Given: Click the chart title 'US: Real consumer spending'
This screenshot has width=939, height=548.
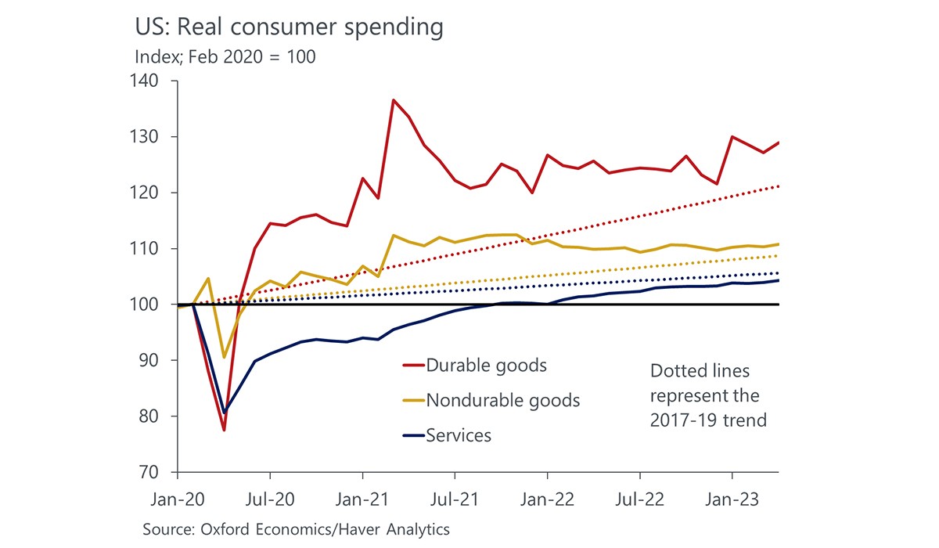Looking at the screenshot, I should (290, 28).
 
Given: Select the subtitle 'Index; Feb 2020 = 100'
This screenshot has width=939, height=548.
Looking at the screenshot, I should (225, 57).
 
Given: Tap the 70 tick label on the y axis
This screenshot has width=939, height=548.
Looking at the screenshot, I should (149, 473).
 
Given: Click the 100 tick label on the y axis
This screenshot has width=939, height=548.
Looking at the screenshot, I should (145, 305).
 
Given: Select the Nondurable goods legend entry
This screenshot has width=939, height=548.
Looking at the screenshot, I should (502, 400).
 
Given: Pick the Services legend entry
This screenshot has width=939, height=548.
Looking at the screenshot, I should (458, 435).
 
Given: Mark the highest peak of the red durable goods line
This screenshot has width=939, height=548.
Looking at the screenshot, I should (393, 99).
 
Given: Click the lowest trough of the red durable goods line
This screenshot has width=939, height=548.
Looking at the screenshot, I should (224, 431).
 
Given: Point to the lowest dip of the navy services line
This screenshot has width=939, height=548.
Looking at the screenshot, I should (225, 413).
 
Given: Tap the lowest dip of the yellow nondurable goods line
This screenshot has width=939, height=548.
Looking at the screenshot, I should (225, 357).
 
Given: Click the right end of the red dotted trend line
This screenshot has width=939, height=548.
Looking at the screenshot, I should (778, 186).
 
